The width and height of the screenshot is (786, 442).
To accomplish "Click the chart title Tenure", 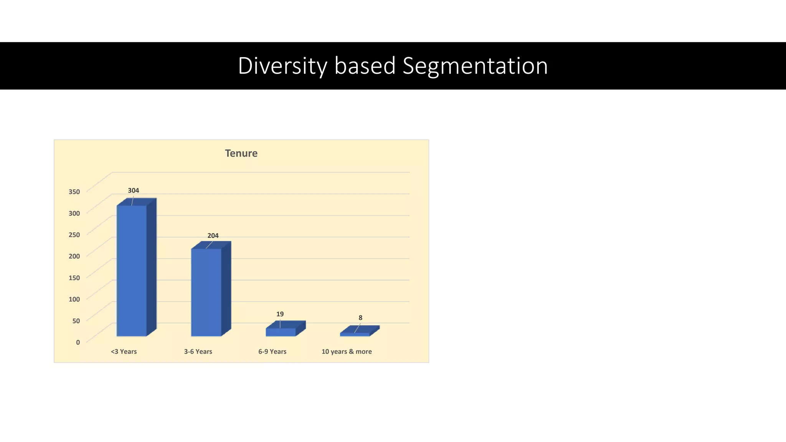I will click(x=241, y=153).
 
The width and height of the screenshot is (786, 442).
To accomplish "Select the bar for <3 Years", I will click(x=132, y=270).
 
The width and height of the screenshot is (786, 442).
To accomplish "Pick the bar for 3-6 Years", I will click(x=206, y=292).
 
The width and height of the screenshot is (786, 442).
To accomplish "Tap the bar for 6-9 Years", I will click(x=281, y=332).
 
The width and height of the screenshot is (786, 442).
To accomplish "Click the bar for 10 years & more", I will click(x=355, y=334).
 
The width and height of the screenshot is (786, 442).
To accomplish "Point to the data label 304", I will click(x=133, y=190).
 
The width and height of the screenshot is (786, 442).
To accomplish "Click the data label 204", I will click(x=213, y=236).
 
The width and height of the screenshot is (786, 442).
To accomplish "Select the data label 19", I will click(x=280, y=314).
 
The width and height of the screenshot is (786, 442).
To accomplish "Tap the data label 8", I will click(x=360, y=318).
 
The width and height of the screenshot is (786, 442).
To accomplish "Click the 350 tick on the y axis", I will click(x=74, y=191).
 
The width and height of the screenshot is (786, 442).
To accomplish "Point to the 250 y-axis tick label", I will click(x=74, y=234).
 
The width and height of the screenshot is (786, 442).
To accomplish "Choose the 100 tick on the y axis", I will click(x=74, y=299).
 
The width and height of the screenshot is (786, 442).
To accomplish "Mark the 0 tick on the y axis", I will click(x=78, y=342).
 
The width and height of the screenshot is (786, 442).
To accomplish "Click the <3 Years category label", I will click(x=124, y=351).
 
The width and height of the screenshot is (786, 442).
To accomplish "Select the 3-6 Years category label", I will click(x=198, y=351).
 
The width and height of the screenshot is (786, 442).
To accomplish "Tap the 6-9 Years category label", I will click(x=272, y=351).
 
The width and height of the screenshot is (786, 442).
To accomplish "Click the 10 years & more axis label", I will click(x=347, y=351).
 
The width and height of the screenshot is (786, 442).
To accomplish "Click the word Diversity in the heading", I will click(x=282, y=66).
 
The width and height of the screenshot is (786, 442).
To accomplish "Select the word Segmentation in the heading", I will click(x=475, y=66).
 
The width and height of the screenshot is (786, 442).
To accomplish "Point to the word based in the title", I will click(x=365, y=66).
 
